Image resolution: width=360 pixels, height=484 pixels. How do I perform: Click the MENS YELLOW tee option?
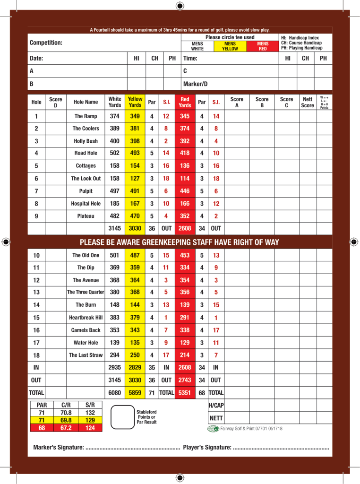click(x=230, y=46)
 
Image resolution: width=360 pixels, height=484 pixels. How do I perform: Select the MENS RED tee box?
click(x=263, y=46)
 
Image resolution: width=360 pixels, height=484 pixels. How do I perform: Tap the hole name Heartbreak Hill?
click(x=86, y=318)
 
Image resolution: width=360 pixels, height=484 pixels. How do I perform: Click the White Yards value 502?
click(x=114, y=153)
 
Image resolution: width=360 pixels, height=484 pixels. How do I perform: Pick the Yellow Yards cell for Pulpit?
click(x=135, y=191)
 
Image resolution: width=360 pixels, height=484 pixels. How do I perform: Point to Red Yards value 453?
click(x=185, y=255)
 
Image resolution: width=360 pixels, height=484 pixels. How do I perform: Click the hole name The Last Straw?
click(x=86, y=355)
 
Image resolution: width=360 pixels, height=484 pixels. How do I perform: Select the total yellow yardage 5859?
click(x=135, y=392)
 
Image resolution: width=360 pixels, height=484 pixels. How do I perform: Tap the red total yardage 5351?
click(x=185, y=392)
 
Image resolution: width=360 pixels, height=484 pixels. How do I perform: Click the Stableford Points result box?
click(x=122, y=416)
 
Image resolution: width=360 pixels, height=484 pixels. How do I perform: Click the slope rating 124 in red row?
click(x=90, y=428)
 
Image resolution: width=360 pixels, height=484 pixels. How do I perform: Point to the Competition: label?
click(x=46, y=43)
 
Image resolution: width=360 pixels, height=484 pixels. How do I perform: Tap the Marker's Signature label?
click(x=59, y=447)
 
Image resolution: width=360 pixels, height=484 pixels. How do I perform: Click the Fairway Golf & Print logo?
click(x=214, y=429)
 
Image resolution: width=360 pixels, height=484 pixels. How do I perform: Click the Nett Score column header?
click(x=308, y=102)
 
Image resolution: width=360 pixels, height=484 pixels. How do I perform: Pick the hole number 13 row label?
click(x=36, y=293)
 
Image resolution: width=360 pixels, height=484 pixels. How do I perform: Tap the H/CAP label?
click(x=215, y=406)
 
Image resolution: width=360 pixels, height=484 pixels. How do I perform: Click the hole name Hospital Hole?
click(x=86, y=204)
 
